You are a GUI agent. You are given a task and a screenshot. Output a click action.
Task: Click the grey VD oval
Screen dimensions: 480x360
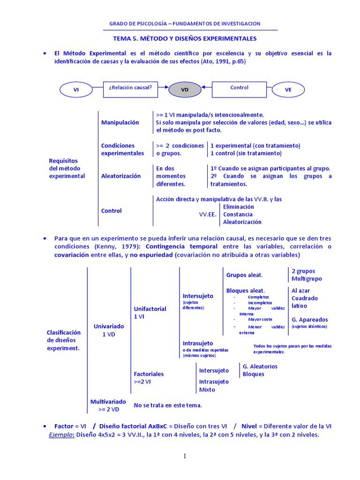184,89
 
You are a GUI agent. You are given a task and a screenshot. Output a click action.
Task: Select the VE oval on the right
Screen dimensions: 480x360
288,89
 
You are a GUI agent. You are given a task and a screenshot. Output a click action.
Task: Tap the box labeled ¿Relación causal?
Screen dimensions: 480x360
130,88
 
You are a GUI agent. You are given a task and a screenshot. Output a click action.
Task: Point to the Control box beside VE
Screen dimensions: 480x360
239,88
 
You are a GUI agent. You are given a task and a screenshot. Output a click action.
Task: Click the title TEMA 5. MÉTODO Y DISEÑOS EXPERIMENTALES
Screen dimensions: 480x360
185,38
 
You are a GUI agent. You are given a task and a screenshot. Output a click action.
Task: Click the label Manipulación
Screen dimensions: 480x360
120,122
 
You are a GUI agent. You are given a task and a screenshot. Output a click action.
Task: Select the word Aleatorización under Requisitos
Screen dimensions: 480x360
121,176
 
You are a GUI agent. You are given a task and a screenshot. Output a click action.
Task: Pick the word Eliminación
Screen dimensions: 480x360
239,207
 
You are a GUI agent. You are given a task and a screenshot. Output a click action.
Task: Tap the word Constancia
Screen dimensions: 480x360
238,214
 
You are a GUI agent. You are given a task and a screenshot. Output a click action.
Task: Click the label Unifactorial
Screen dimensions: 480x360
150,309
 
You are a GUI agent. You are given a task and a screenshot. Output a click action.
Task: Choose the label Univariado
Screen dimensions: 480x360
109,326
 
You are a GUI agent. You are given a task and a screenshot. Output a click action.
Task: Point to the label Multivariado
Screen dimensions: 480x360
108,402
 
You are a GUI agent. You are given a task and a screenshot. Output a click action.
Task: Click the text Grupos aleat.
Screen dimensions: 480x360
244,275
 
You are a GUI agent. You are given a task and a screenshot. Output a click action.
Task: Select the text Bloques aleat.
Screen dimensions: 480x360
245,291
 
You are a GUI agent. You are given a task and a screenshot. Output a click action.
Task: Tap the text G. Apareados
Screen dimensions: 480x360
310,320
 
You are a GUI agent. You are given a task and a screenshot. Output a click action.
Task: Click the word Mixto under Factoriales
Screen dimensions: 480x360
207,390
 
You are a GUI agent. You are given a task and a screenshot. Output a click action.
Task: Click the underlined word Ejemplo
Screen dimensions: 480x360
61,435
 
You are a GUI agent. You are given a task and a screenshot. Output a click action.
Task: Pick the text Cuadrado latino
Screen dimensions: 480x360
305,302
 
